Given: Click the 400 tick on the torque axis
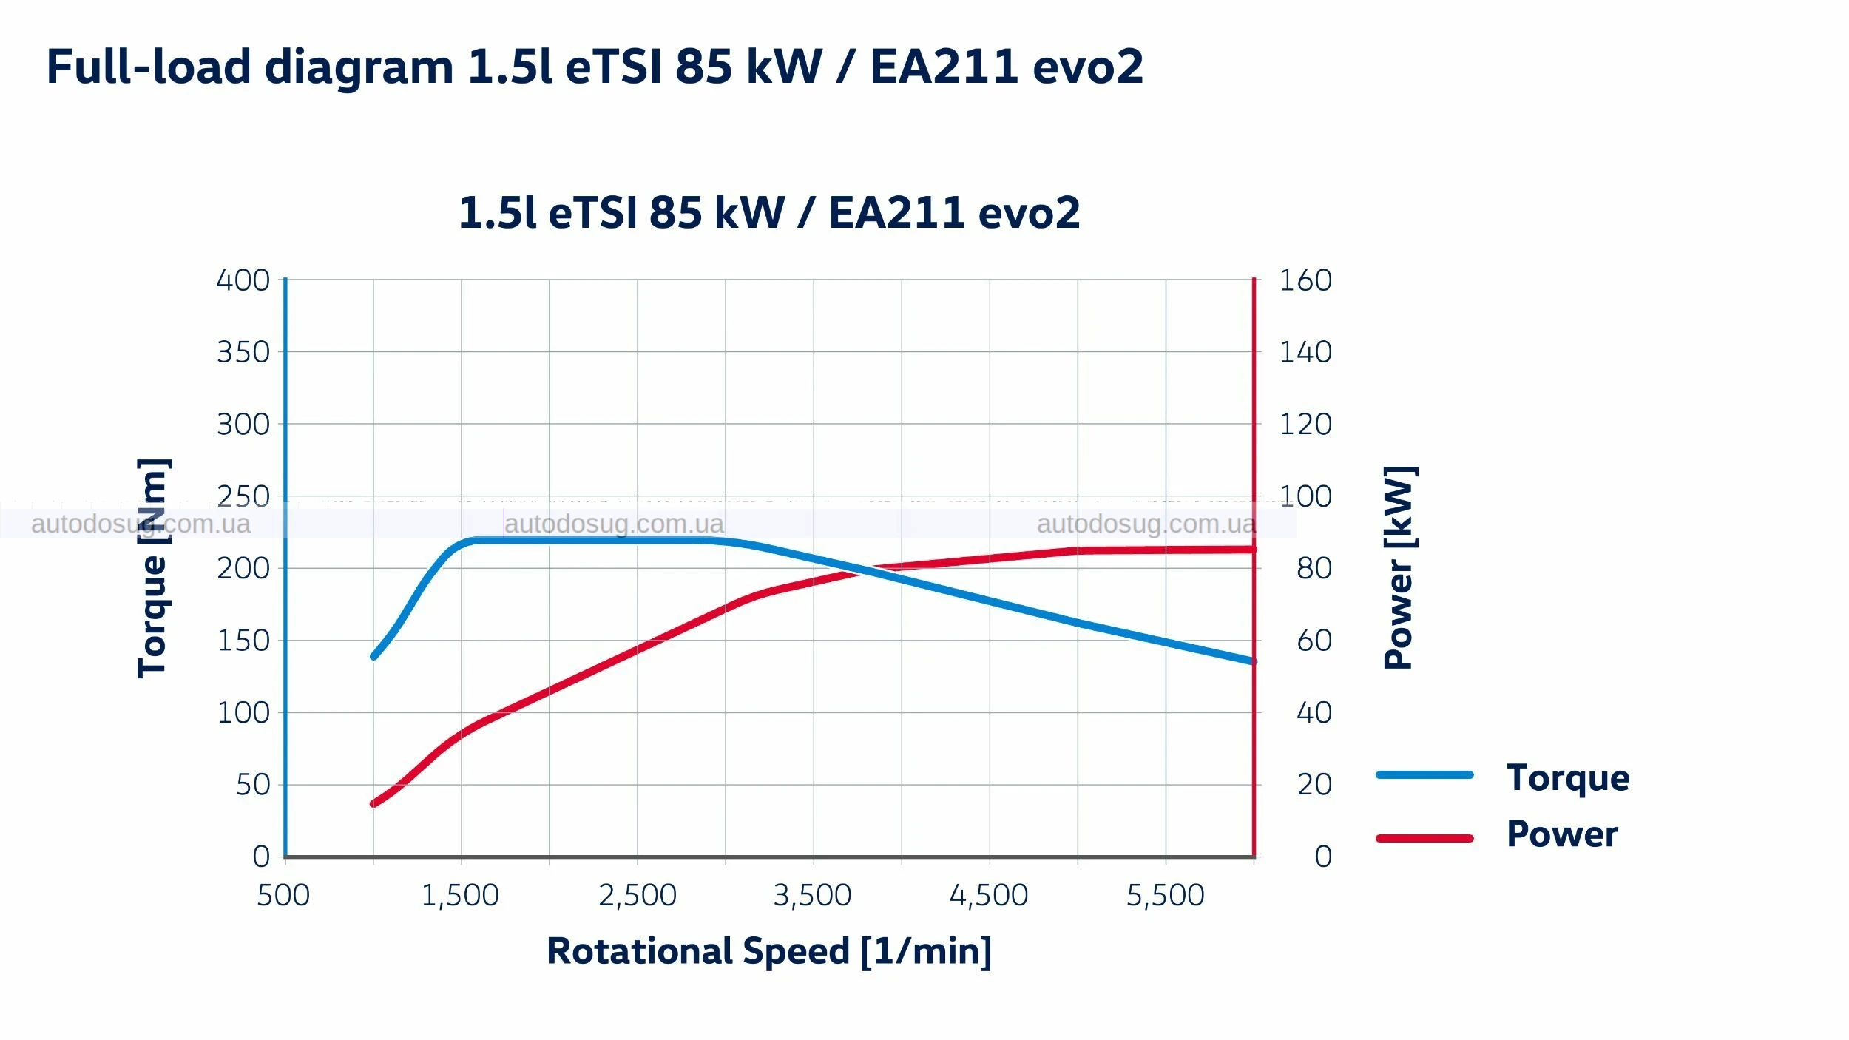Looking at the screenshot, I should (243, 280).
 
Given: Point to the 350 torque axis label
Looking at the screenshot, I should (243, 352).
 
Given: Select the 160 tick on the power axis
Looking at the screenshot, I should (1305, 280).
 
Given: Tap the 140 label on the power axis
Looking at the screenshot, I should (1305, 352).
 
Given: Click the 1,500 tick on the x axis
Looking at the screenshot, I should (460, 895).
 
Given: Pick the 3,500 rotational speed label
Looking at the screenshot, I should (812, 895).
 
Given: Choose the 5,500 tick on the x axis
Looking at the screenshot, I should (1165, 895).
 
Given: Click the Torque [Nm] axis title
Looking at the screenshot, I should (153, 567).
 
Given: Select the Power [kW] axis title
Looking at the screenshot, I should (1399, 567).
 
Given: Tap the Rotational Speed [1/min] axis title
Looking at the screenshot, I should (768, 951).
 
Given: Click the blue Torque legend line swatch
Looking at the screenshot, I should (1424, 775).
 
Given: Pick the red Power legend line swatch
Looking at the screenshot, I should (1424, 838).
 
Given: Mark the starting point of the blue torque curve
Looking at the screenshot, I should (374, 656).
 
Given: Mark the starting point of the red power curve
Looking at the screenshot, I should (373, 803).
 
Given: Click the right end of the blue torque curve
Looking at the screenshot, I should (1252, 661).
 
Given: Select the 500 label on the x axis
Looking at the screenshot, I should (283, 895).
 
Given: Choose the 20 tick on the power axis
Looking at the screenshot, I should (1314, 784).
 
